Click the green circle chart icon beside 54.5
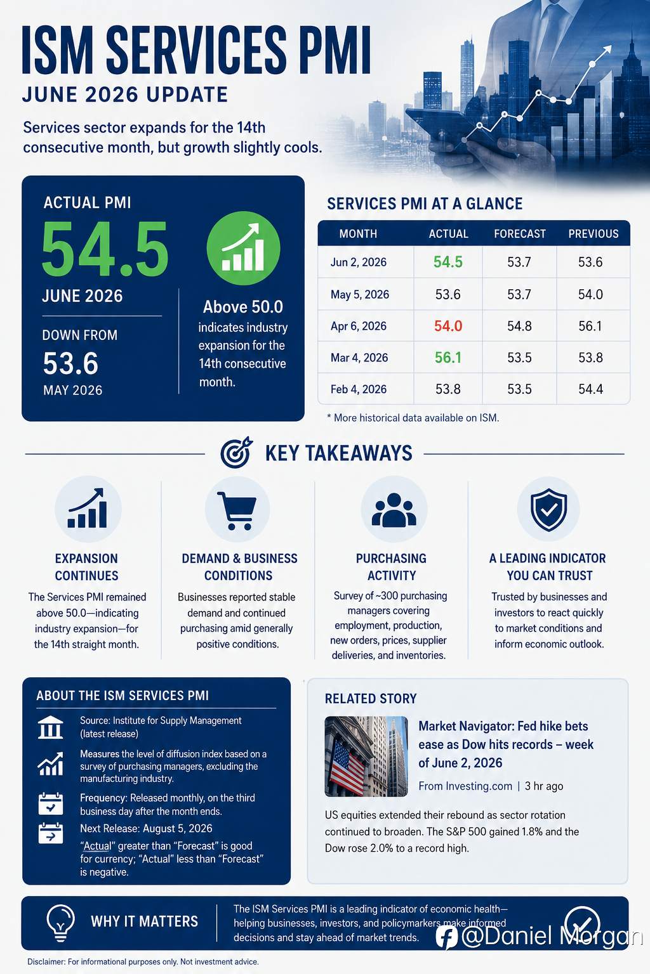243,249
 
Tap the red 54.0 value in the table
448,326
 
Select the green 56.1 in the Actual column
448,358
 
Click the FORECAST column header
519,234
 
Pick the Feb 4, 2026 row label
358,389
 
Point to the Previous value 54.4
590,389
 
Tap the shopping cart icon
236,510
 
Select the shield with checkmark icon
548,510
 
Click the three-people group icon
394,510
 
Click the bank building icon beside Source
51,727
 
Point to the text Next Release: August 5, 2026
146,829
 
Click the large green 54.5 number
105,249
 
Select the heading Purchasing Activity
392,567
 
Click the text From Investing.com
465,786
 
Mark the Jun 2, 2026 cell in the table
358,262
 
